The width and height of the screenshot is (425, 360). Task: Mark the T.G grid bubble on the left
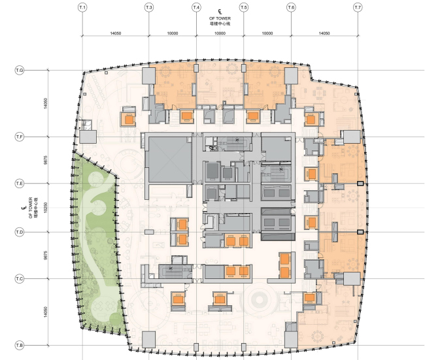[x=20, y=70]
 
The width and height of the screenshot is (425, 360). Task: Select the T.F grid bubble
[x=20, y=137]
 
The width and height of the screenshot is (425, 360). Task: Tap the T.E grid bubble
[x=20, y=184]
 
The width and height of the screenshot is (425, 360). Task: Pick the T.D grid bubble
[x=20, y=232]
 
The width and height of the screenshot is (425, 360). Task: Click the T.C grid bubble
[x=20, y=279]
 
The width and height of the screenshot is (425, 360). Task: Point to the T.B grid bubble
[x=20, y=345]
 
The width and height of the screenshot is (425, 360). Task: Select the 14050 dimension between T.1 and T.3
[x=116, y=32]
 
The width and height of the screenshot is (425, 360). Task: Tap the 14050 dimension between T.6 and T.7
[x=325, y=32]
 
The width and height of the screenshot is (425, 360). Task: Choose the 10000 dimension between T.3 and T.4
[x=173, y=32]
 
